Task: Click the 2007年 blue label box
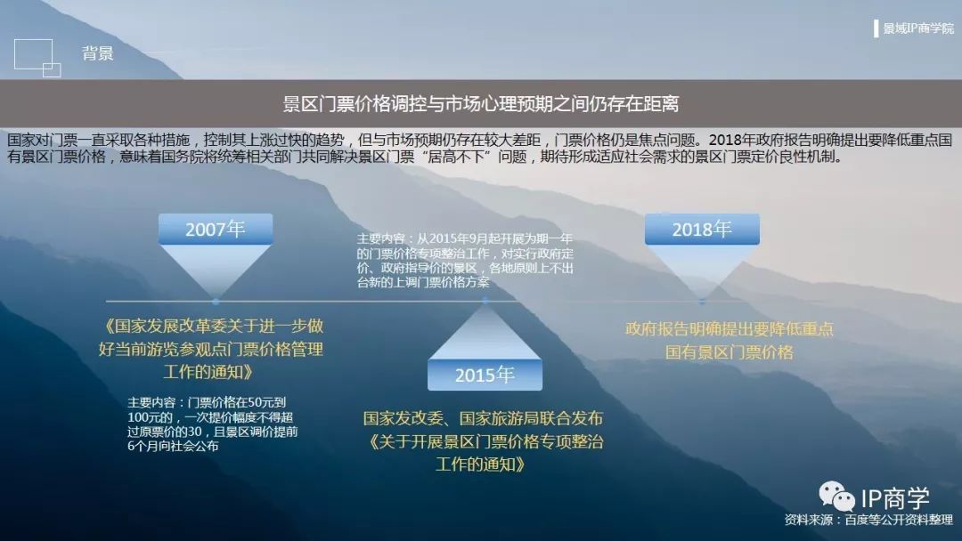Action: click(216, 230)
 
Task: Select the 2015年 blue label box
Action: click(485, 375)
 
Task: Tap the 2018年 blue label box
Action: click(702, 230)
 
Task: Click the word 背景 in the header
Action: click(98, 53)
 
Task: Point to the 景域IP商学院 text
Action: click(918, 28)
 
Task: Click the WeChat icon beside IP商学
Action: click(836, 497)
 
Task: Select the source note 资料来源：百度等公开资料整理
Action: click(868, 521)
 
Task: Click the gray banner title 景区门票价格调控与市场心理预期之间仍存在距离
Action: click(481, 104)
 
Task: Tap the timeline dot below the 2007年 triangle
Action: click(216, 302)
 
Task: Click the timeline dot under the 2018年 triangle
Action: click(702, 302)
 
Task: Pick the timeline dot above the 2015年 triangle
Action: click(485, 301)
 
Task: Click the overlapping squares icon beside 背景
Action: click(37, 58)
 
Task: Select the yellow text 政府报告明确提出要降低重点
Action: click(730, 329)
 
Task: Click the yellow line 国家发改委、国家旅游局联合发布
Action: click(484, 418)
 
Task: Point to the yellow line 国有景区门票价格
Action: click(730, 352)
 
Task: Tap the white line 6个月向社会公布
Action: click(173, 447)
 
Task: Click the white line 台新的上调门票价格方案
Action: click(423, 282)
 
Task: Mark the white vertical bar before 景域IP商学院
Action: click(876, 28)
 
